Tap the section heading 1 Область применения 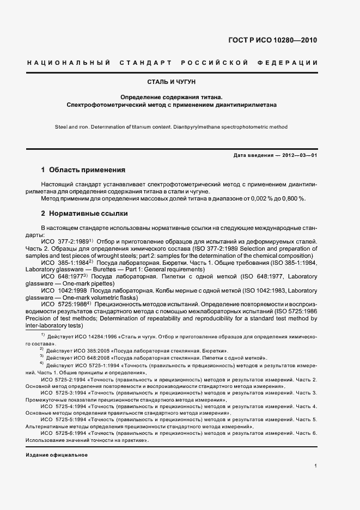click(83, 169)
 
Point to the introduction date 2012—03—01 click(297, 155)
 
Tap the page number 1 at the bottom click(316, 465)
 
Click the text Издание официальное click(57, 454)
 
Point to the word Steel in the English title click(61, 126)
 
